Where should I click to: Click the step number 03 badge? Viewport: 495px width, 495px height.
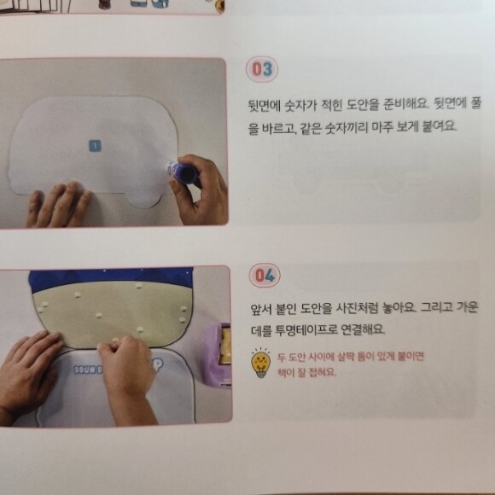pyautogui.click(x=262, y=69)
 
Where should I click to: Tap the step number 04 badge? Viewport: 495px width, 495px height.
pyautogui.click(x=265, y=275)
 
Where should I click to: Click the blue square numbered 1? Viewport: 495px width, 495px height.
pyautogui.click(x=95, y=146)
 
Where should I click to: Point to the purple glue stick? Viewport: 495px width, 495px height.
pyautogui.click(x=182, y=172)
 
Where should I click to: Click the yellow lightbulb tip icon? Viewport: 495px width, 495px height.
pyautogui.click(x=261, y=363)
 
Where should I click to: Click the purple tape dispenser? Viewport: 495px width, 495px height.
pyautogui.click(x=217, y=355)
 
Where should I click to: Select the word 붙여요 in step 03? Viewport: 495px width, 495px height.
pyautogui.click(x=440, y=126)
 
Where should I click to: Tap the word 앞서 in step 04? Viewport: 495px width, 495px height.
pyautogui.click(x=261, y=308)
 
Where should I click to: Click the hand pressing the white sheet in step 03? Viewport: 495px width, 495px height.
pyautogui.click(x=60, y=204)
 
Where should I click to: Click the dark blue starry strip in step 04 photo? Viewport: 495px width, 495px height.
pyautogui.click(x=110, y=278)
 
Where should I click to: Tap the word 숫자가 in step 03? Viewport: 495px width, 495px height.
pyautogui.click(x=300, y=105)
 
